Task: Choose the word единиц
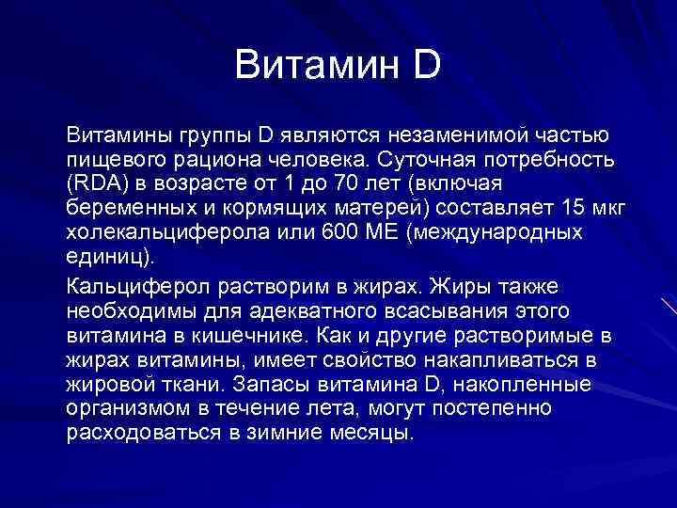(105, 256)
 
